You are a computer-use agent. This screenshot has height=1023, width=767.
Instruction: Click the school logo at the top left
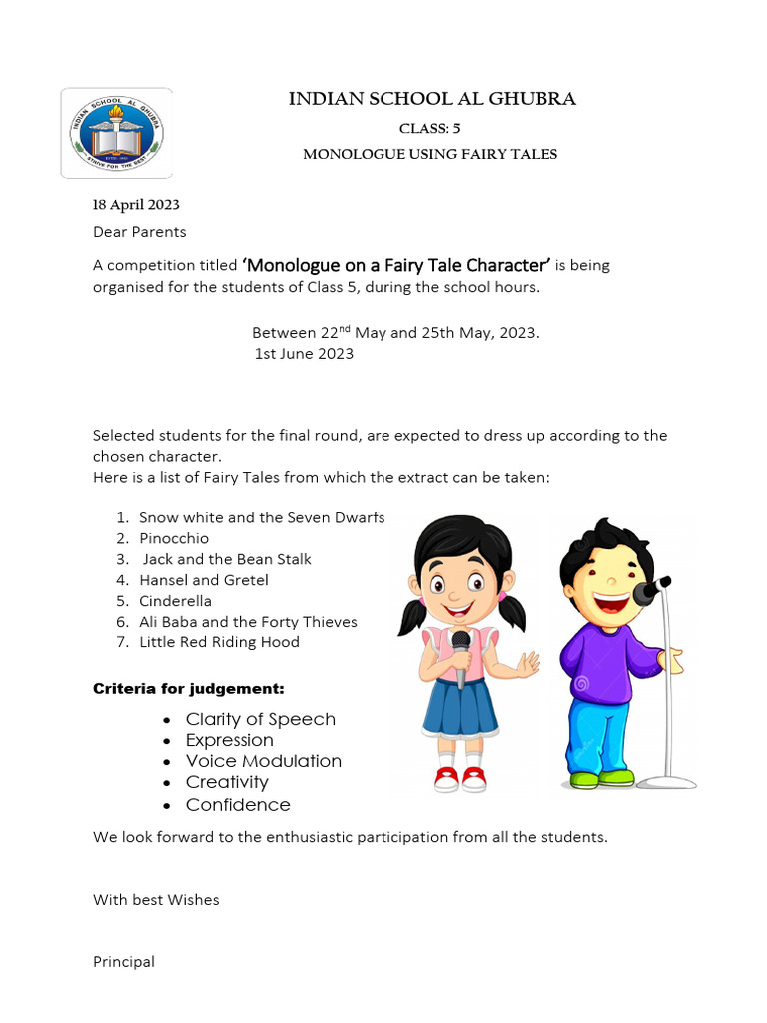(x=117, y=133)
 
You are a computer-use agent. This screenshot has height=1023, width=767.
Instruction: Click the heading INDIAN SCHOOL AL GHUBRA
(x=431, y=99)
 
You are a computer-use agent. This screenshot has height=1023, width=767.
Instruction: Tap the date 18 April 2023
(x=136, y=205)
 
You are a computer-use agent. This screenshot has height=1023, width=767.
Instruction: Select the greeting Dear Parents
(x=139, y=232)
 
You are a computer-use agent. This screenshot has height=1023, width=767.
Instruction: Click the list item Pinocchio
(x=174, y=538)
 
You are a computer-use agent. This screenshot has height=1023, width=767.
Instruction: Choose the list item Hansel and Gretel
(x=204, y=580)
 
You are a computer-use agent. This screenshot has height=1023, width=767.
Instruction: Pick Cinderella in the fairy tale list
(x=175, y=601)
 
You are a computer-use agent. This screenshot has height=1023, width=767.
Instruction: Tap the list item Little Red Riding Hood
(x=219, y=642)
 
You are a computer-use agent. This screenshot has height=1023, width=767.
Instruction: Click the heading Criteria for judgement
(x=189, y=689)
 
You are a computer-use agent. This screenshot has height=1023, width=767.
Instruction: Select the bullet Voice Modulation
(x=263, y=761)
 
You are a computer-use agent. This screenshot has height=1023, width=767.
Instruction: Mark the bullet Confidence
(x=238, y=805)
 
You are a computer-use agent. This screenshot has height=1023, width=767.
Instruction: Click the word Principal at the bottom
(x=124, y=962)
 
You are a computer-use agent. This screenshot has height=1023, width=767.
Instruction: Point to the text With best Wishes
(x=156, y=900)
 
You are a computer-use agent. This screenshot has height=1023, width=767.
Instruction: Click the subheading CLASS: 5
(x=429, y=128)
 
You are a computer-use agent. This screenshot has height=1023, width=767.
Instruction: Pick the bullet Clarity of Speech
(x=260, y=719)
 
